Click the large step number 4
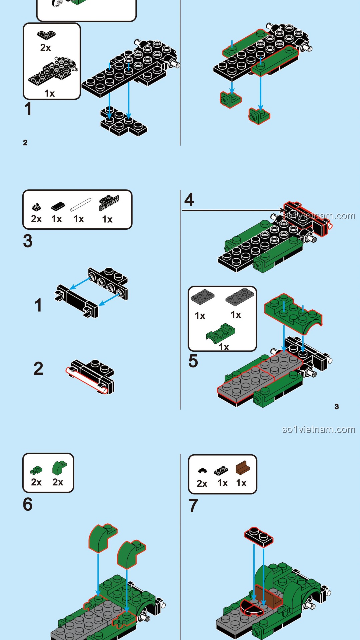[189, 199]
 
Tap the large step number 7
[193, 506]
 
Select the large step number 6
[28, 504]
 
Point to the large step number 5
[193, 361]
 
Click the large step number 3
[28, 241]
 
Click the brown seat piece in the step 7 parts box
[243, 468]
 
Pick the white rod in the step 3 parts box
[81, 205]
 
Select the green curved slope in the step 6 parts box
[59, 468]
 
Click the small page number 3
[337, 406]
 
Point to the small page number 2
[25, 143]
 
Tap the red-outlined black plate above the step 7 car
[259, 537]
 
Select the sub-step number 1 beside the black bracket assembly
[39, 305]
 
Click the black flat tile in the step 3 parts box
[58, 206]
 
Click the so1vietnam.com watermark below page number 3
[318, 429]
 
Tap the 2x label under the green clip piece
[36, 482]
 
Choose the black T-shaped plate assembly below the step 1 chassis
[124, 121]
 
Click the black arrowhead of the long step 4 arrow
[283, 210]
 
